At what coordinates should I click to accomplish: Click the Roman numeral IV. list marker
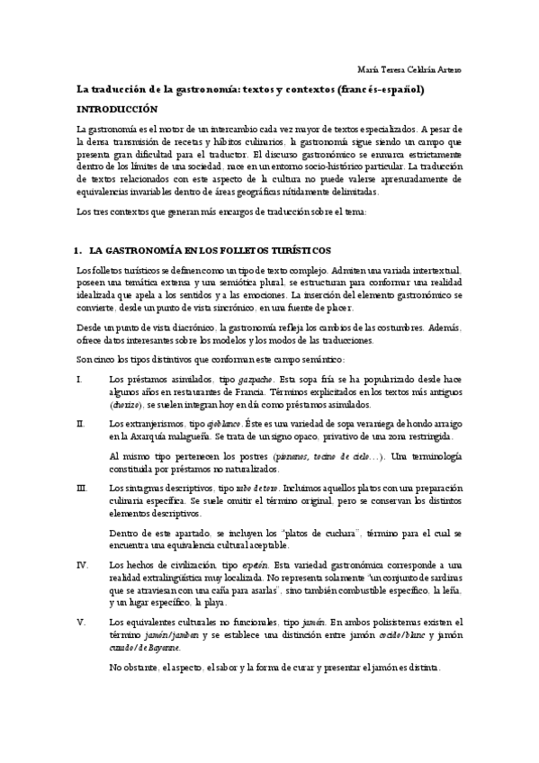[x=82, y=565]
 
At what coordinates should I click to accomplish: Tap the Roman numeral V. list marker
[x=81, y=622]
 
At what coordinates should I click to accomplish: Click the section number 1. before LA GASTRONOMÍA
[x=79, y=249]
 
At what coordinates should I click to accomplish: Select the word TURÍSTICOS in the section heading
[x=294, y=249]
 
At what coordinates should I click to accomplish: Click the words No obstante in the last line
[x=130, y=668]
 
